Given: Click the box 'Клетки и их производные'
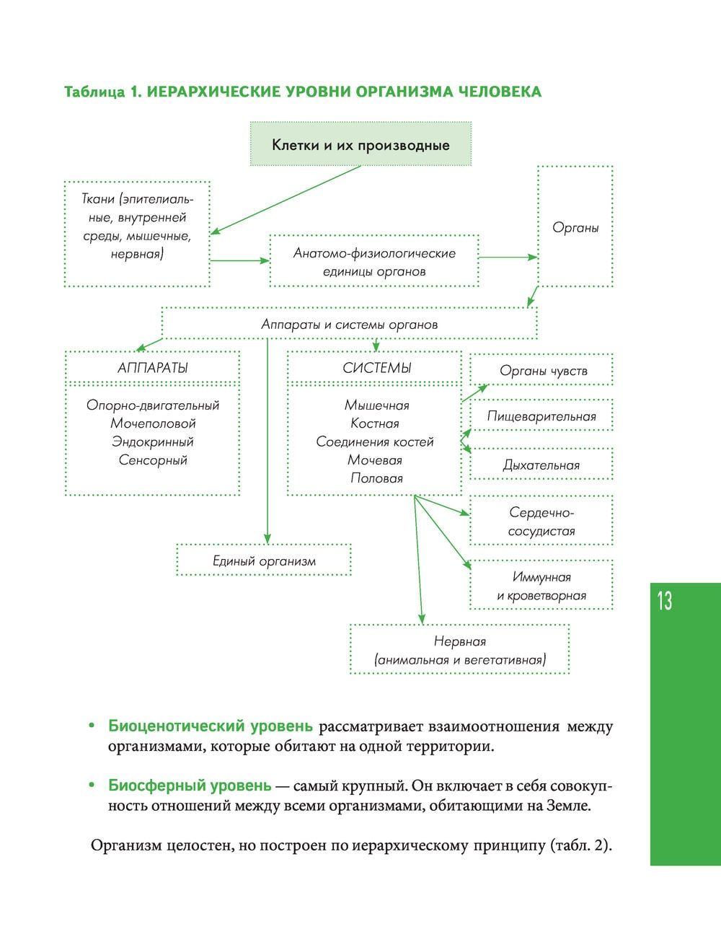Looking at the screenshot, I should [360, 145].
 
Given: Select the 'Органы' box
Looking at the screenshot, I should [575, 227].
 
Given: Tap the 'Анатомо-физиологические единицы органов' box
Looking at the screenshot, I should [374, 262].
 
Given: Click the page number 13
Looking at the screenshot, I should [664, 601].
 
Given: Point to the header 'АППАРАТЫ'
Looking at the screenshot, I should [152, 368].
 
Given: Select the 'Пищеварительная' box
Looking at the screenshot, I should [541, 416].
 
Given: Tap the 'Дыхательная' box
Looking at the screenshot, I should [541, 465].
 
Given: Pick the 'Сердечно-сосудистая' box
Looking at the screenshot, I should [541, 522].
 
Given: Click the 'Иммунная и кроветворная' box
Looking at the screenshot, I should [541, 586].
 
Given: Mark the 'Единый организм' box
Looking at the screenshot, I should [264, 560].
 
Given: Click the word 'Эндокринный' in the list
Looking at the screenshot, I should [152, 441].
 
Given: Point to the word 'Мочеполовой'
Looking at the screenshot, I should [152, 423].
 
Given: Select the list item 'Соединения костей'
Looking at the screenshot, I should [375, 441].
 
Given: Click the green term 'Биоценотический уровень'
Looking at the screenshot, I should [211, 726].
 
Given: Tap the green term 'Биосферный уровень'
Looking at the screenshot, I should [190, 786].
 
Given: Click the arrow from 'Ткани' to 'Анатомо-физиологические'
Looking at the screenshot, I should [239, 260].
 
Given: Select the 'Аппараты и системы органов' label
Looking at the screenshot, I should [349, 325].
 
